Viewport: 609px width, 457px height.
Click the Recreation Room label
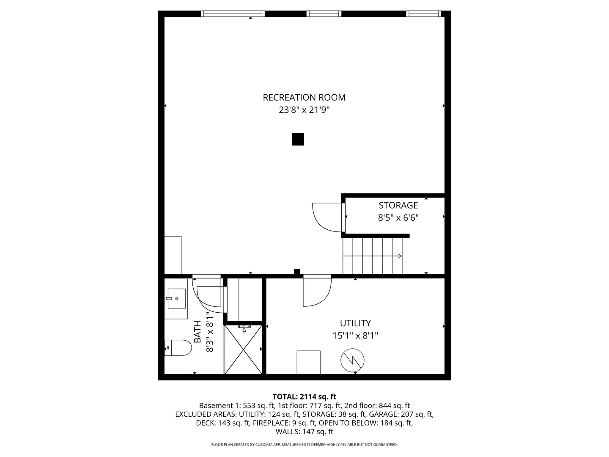coord(304,98)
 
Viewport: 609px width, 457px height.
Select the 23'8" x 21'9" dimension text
coord(304,110)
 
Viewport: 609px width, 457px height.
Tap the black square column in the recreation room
coord(298,139)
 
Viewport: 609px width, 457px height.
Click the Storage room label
coord(398,206)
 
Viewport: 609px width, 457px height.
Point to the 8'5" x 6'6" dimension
coord(398,218)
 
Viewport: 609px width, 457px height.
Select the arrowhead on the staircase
coord(400,256)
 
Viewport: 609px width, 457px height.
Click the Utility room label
coord(355,323)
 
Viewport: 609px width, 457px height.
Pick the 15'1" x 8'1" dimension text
coord(355,336)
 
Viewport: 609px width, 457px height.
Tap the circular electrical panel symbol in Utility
coord(352,361)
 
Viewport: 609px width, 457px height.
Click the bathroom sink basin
coord(176,298)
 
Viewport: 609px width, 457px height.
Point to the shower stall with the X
coord(243,349)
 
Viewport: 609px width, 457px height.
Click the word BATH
coord(198,332)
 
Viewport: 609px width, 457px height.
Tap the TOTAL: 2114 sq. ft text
coord(304,397)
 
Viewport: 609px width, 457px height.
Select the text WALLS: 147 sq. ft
coord(304,432)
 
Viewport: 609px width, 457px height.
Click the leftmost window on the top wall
coord(233,14)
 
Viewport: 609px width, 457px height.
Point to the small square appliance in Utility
coord(308,362)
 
